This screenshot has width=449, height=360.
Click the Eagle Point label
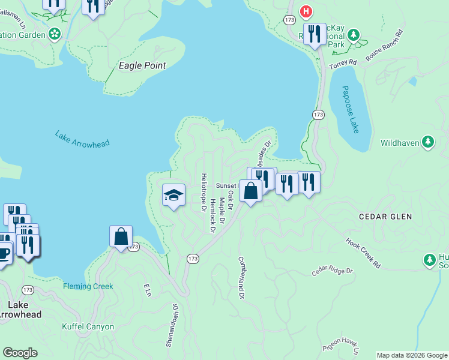coord(142,65)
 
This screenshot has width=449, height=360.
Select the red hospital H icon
coord(306,11)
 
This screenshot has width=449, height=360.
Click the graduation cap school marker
coord(174,195)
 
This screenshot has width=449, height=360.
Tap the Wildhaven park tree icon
coord(427,142)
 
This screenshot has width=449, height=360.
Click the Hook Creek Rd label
coord(364,253)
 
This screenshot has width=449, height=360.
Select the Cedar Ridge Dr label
coord(333,272)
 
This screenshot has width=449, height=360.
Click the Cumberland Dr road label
coord(241,278)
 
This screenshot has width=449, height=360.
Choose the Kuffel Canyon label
coord(88,327)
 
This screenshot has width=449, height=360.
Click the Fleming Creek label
coord(88,286)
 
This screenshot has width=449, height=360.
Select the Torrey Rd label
coord(344,62)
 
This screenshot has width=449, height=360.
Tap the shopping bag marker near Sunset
coord(250,191)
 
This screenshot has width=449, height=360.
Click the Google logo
coord(20,353)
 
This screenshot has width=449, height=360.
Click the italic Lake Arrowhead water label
coord(78,139)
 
